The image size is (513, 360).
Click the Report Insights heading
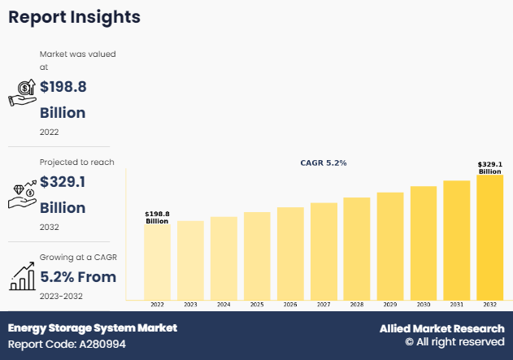tap(74, 17)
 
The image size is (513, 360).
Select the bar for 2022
tap(157, 262)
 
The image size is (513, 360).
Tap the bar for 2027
tap(323, 251)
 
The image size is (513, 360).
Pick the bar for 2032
tap(489, 237)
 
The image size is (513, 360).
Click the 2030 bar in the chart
tap(423, 243)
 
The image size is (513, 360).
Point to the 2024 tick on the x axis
tap(224, 304)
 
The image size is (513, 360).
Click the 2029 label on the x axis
tap(389, 304)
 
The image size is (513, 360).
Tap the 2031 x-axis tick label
tap(456, 304)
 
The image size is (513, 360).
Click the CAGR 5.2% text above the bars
tap(324, 163)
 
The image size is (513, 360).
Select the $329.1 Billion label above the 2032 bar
tap(489, 167)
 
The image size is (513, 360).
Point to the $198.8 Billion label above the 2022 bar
tap(157, 217)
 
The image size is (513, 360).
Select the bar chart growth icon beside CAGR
tap(23, 277)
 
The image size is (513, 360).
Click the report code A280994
tap(67, 345)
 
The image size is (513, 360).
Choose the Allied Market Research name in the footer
tap(441, 328)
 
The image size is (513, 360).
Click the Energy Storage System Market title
tap(93, 328)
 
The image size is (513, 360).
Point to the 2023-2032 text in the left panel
tap(61, 296)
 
